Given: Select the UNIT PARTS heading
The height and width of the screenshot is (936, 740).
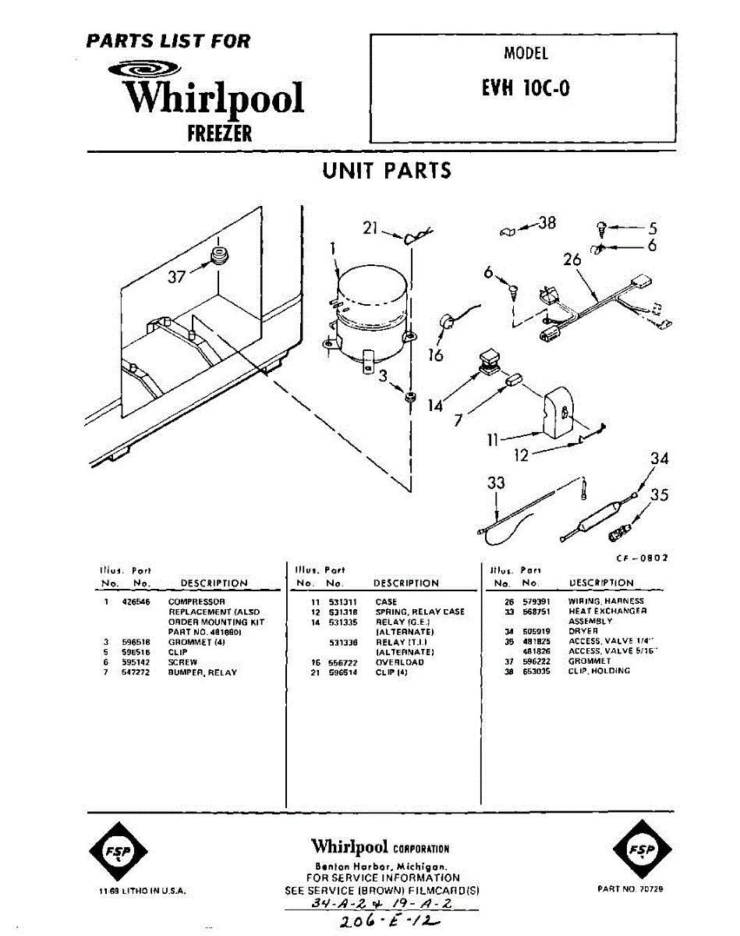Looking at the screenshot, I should (387, 171).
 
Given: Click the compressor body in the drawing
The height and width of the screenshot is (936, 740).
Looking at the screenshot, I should (370, 312).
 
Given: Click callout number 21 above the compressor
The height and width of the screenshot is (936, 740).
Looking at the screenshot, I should (370, 229).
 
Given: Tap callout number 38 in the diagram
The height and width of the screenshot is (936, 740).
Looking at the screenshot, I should (547, 224).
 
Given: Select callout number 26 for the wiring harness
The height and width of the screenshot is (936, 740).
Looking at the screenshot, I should (573, 260).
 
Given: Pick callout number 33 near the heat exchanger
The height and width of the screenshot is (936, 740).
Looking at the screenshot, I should (496, 484).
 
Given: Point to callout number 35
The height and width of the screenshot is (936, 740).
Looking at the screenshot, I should (659, 495).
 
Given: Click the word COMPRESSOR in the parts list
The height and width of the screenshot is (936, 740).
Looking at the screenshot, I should (197, 602).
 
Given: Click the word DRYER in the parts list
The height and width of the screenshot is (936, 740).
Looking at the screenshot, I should (582, 631).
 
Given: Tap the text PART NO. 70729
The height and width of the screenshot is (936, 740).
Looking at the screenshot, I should (631, 889).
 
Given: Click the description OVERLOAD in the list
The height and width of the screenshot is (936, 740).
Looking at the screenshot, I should (399, 661).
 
